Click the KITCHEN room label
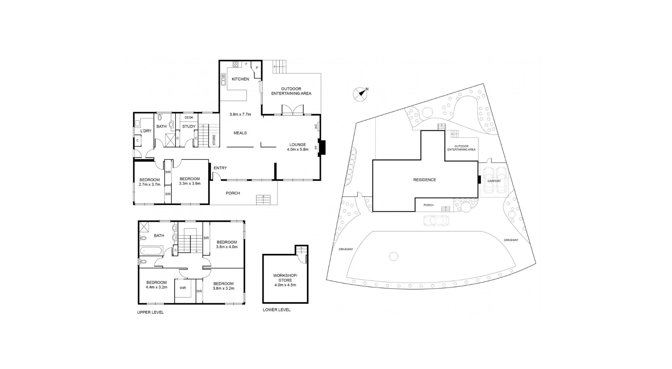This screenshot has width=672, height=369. (x=240, y=79)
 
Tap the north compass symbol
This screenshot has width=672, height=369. (x=360, y=94)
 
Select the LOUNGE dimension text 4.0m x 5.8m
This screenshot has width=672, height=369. (x=298, y=149)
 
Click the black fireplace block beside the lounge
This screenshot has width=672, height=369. (x=322, y=147)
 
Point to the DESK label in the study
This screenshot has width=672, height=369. (x=189, y=118)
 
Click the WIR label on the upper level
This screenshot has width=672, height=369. (x=183, y=288)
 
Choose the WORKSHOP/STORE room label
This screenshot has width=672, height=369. (x=285, y=278)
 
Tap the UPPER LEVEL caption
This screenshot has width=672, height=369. (x=150, y=313)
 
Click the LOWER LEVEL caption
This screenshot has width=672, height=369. (x=276, y=310)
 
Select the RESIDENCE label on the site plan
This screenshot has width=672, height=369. (x=424, y=180)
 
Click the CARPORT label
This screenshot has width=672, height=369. (x=494, y=181)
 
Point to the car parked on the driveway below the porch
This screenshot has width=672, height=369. (x=436, y=220)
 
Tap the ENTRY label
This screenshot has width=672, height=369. (x=220, y=168)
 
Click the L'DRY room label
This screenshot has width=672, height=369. (x=146, y=131)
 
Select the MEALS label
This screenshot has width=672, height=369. (x=240, y=133)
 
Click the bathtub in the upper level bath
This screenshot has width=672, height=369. (x=151, y=250)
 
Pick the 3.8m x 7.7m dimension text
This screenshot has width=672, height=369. (x=240, y=114)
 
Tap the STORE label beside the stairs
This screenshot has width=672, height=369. (x=214, y=140)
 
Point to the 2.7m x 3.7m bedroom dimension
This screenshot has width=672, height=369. (x=149, y=184)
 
